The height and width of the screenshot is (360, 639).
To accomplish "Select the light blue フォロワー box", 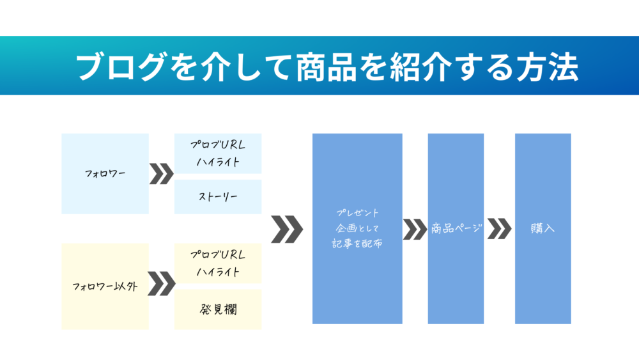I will pos(105,173).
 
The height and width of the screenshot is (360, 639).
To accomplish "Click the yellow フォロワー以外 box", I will pos(105,286).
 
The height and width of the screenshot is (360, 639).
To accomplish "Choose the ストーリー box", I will pos(218,197).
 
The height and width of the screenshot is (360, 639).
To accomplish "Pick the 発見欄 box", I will pos(218,309).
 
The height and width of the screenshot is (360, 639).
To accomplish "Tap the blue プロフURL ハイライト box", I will pos(218,153).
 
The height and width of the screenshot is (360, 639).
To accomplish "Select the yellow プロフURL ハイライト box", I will pos(218,263).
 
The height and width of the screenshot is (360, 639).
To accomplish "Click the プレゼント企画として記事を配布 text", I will pos(357,228).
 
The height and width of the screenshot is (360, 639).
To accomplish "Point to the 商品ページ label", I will pos(456,228).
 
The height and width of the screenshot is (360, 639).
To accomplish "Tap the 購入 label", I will pos(543,228).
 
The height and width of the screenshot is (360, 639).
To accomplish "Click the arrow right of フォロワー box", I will pos(161,173).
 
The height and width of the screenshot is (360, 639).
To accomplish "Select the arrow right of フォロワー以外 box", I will pos(161,283).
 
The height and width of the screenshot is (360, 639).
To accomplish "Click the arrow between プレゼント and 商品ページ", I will pos(415,229).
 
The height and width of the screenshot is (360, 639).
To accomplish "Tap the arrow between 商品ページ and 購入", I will pos(499,229).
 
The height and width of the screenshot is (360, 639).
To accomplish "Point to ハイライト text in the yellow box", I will pos(218,272).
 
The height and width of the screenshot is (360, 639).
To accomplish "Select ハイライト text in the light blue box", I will pos(218,162).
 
